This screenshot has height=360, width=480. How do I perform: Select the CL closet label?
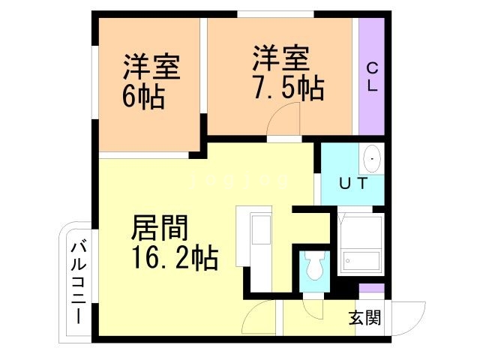pos(371,77)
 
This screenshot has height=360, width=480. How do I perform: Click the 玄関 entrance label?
pos(364,317)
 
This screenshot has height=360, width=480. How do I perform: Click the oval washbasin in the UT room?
pos(372,159)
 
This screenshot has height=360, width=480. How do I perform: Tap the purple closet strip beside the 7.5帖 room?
pos(371,75)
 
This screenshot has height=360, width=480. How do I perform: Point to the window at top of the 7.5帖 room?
pos(274,13)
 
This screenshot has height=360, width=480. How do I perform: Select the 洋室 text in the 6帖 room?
pos(151,68)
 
